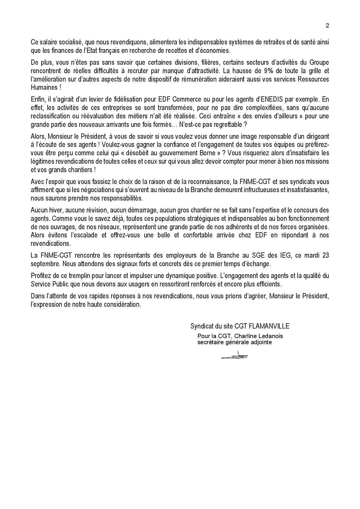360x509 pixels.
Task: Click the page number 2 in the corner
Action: coord(327,26)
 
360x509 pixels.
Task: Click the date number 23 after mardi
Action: coord(325,256)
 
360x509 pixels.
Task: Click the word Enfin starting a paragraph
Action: coord(38,99)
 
